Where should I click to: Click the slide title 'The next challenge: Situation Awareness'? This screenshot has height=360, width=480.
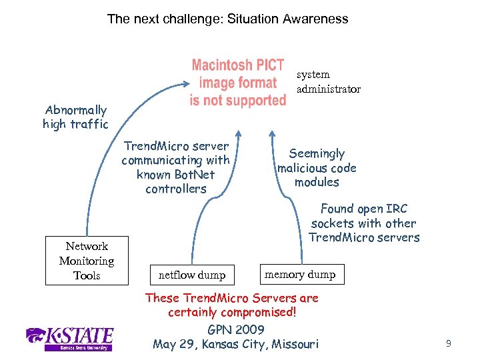(227, 19)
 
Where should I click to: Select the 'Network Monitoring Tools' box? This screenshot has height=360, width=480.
(87, 261)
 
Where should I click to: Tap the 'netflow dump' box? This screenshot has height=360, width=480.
(192, 274)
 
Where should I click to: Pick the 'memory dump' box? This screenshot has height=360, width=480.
(300, 274)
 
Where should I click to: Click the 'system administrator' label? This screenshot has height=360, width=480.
(328, 81)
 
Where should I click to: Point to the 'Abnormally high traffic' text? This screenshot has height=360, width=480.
(75, 117)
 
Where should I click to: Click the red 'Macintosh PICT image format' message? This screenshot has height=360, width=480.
(238, 83)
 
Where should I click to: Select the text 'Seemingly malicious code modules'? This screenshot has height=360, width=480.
(317, 167)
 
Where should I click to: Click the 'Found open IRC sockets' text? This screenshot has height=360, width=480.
(364, 223)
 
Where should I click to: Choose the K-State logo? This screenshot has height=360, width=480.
(69, 338)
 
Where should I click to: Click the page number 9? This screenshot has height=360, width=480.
(449, 344)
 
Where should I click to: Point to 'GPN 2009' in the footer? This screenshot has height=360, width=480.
(236, 329)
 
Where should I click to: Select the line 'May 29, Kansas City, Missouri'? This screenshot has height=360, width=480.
(236, 344)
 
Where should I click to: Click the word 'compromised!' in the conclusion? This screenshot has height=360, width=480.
(261, 313)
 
